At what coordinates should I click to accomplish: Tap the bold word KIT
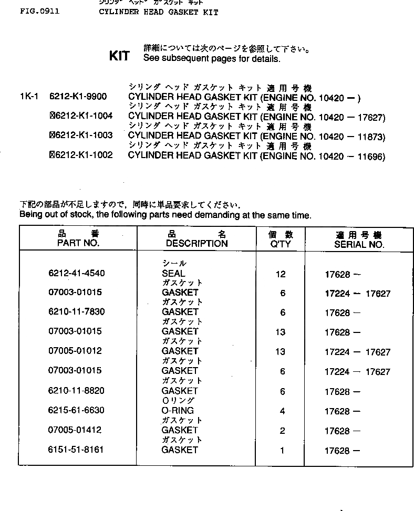(x=119, y=56)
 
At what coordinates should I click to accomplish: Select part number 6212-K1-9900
(x=78, y=97)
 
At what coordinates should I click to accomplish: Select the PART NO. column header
(x=78, y=244)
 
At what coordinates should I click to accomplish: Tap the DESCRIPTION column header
(x=196, y=244)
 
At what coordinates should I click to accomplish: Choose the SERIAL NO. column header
(x=359, y=245)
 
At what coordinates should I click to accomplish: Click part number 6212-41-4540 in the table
(x=76, y=274)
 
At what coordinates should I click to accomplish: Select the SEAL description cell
(x=173, y=274)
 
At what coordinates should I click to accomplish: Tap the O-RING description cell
(x=178, y=411)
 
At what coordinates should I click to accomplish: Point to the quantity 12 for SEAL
(x=281, y=274)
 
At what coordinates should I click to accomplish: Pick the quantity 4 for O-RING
(x=282, y=411)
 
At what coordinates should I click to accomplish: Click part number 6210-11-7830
(x=76, y=312)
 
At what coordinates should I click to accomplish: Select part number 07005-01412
(x=75, y=431)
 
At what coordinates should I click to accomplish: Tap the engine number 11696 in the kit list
(x=370, y=157)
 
